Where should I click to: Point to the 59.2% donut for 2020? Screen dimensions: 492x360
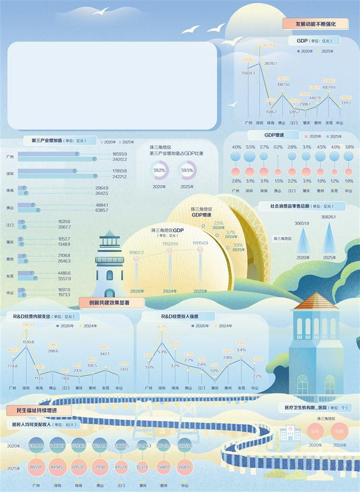pyautogui.click(x=159, y=170)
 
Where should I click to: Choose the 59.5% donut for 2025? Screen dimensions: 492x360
pyautogui.click(x=187, y=170)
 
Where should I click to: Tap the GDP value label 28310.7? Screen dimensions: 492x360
pyautogui.click(x=271, y=63)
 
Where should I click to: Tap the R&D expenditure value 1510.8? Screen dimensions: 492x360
pyautogui.click(x=28, y=342)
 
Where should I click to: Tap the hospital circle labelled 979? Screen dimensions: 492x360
pyautogui.click(x=315, y=431)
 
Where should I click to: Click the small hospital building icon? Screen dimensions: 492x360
pyautogui.click(x=290, y=433)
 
